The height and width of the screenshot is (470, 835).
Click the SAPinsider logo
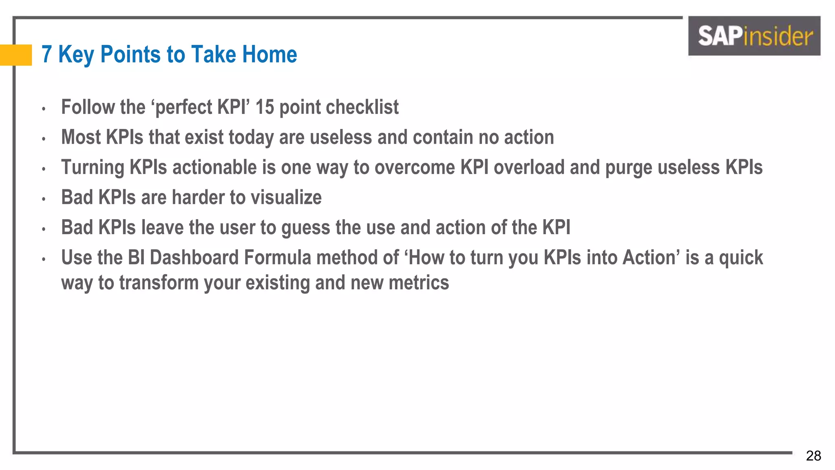[754, 36]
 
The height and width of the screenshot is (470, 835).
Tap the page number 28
[813, 456]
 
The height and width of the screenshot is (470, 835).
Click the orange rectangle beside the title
[16, 55]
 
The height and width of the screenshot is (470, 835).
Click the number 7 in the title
[47, 54]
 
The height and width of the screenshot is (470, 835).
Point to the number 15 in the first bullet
[265, 107]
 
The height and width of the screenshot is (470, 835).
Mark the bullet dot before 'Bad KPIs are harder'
[43, 199]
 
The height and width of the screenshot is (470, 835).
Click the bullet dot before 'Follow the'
[43, 109]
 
